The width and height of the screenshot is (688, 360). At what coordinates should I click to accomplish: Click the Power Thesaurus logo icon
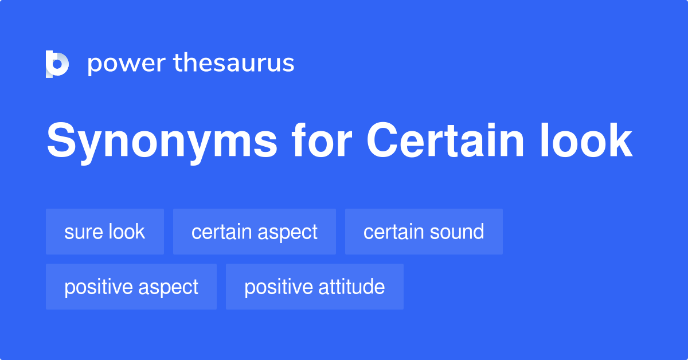57,64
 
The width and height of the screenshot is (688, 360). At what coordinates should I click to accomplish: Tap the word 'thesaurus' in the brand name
234,63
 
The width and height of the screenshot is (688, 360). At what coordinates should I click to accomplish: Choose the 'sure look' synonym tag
105,232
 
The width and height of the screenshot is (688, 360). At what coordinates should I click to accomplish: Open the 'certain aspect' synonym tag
254,232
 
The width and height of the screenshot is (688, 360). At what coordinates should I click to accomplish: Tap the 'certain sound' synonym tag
424,232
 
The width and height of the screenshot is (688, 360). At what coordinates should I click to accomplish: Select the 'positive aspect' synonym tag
131,287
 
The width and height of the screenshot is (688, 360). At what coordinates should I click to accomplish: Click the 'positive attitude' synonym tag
314,287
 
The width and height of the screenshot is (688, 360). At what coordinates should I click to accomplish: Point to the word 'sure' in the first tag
80,232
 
